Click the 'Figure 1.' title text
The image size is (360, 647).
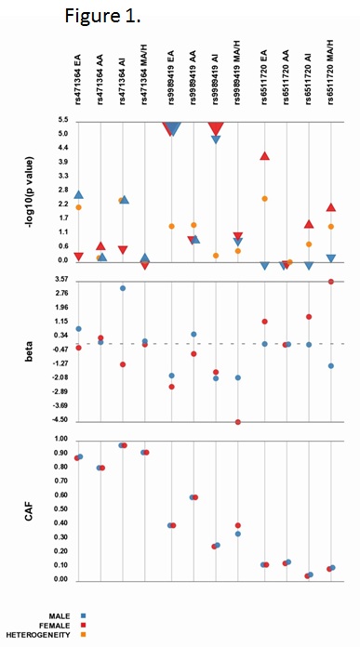[x=102, y=16]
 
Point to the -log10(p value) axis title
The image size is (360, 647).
[x=30, y=192]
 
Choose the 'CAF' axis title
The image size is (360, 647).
[x=30, y=510]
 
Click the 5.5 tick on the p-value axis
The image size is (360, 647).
[x=63, y=121]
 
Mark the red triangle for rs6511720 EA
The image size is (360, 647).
[x=264, y=155]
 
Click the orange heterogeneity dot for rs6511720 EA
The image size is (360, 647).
[x=264, y=199]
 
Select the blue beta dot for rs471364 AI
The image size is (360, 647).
[x=123, y=288]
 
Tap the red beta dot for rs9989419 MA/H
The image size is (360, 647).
[x=238, y=422]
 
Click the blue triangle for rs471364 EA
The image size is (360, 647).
[x=79, y=195]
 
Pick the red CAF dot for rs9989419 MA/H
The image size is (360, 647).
[x=238, y=525]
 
